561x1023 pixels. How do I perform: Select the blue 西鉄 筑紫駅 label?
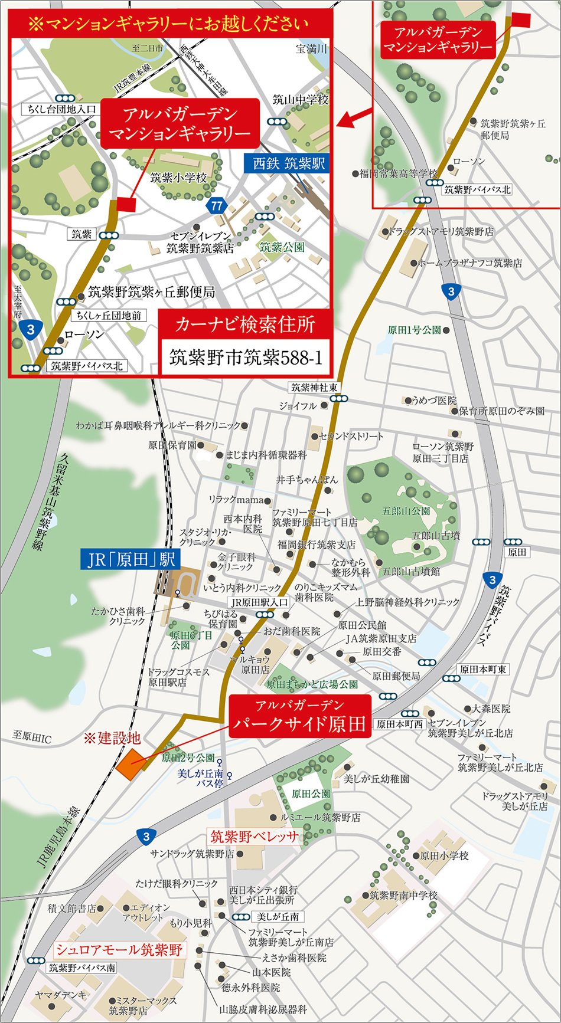click(289, 163)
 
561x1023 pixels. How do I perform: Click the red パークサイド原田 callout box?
click(299, 716)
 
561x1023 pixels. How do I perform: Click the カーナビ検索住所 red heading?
click(245, 324)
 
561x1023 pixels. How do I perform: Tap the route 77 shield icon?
click(217, 205)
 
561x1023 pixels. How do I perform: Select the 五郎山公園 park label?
click(406, 511)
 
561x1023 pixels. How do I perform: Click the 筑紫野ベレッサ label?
click(254, 837)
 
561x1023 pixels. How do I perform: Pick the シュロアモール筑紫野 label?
click(119, 950)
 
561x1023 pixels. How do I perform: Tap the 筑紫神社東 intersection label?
click(314, 388)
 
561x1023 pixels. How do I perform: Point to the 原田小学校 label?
click(444, 855)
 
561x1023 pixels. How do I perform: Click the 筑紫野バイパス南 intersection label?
click(82, 968)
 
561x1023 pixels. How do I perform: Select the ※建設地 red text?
click(112, 738)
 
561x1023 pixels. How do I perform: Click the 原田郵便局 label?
click(396, 676)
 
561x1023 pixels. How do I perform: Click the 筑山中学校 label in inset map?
click(300, 100)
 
